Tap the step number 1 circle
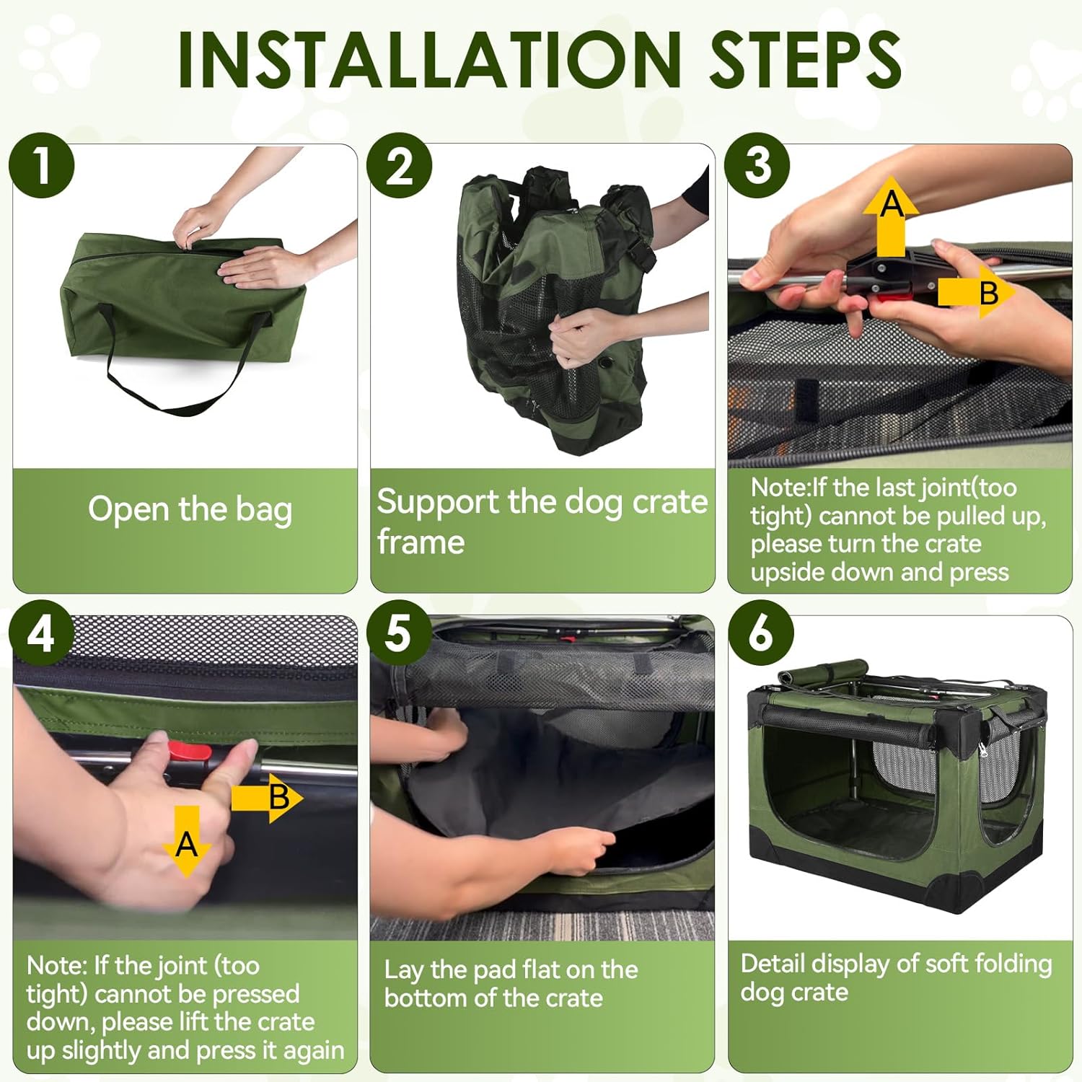point(42,165)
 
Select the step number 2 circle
point(399,165)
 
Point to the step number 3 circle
point(757,165)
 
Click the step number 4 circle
point(41,633)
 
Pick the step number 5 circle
point(399,633)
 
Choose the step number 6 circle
point(760,633)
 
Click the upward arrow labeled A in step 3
point(892,216)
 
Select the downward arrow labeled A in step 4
point(187,841)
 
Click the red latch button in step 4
point(190,752)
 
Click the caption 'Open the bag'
point(190,510)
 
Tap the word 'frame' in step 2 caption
point(421,542)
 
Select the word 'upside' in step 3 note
point(786,573)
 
